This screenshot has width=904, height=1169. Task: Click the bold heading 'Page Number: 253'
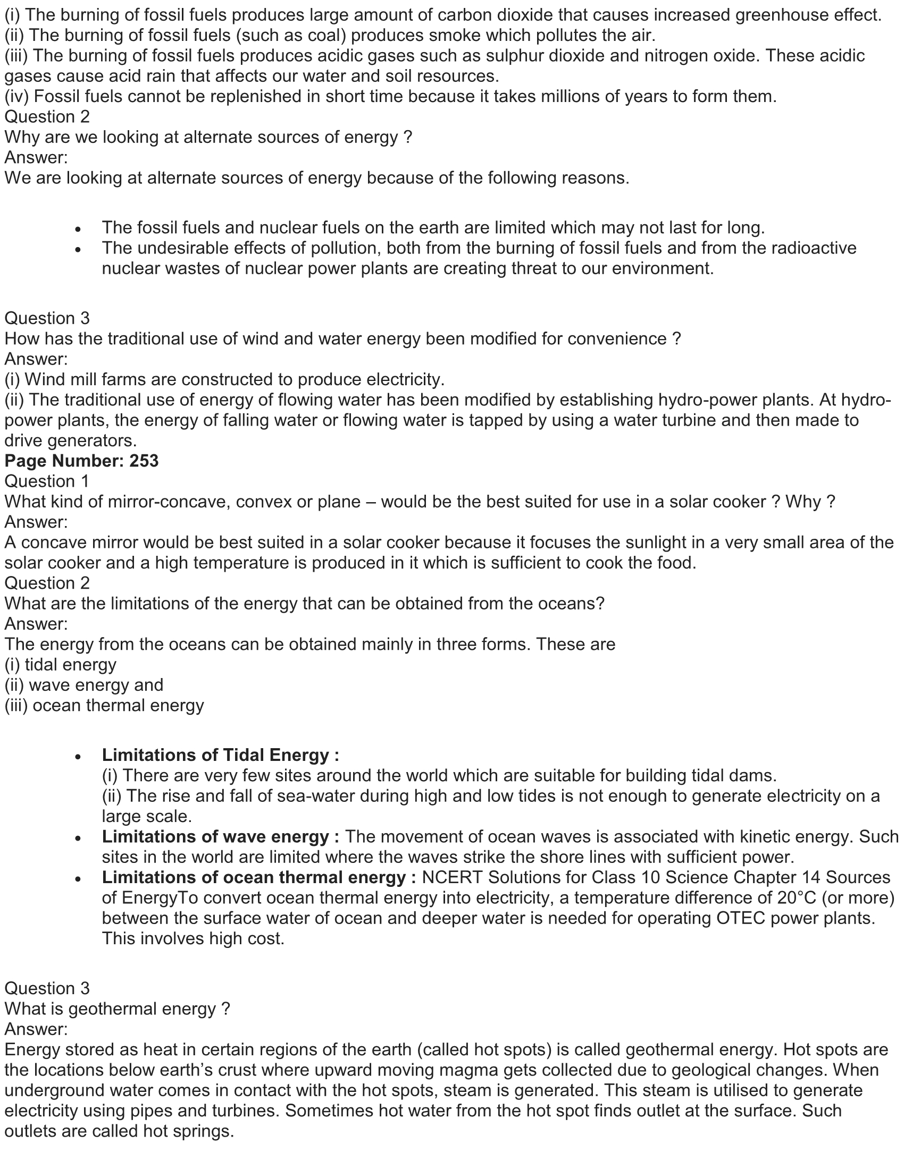(81, 461)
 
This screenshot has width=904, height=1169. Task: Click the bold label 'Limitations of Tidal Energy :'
(220, 755)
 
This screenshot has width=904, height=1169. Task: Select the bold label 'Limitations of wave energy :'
(220, 836)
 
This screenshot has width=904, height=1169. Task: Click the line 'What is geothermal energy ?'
(118, 1009)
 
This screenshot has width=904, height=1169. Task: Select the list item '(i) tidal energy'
(61, 664)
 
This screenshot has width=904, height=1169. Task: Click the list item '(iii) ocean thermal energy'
(104, 705)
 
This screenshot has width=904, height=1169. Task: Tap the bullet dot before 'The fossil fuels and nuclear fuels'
(78, 229)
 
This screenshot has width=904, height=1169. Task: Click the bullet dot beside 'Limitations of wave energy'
(78, 837)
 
